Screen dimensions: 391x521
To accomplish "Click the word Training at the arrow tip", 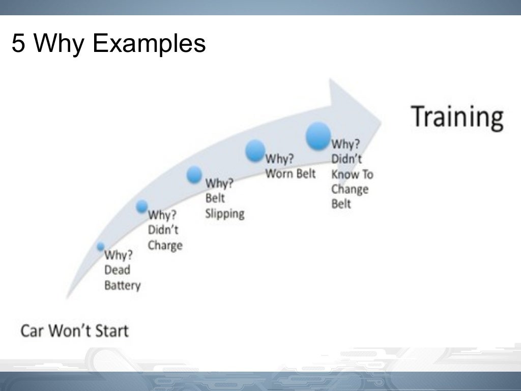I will pyautogui.click(x=457, y=117).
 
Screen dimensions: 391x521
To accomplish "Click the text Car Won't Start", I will pyautogui.click(x=74, y=331).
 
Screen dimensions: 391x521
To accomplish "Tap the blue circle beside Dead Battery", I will pyautogui.click(x=101, y=247).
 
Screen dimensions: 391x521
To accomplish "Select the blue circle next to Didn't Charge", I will pyautogui.click(x=142, y=206).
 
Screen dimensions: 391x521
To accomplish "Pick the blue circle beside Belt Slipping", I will pyautogui.click(x=194, y=175).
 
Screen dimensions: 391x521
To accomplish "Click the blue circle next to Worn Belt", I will pyautogui.click(x=255, y=151).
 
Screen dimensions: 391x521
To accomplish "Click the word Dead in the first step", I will pyautogui.click(x=117, y=270).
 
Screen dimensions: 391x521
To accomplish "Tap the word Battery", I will pyautogui.click(x=122, y=285).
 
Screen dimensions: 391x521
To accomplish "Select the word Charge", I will pyautogui.click(x=165, y=246).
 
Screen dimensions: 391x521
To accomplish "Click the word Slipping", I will pyautogui.click(x=224, y=213).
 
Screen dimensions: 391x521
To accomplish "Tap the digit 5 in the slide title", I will pyautogui.click(x=18, y=44).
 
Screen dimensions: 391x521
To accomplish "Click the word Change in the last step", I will pyautogui.click(x=350, y=189).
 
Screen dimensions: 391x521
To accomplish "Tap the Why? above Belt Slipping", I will pyautogui.click(x=219, y=183).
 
